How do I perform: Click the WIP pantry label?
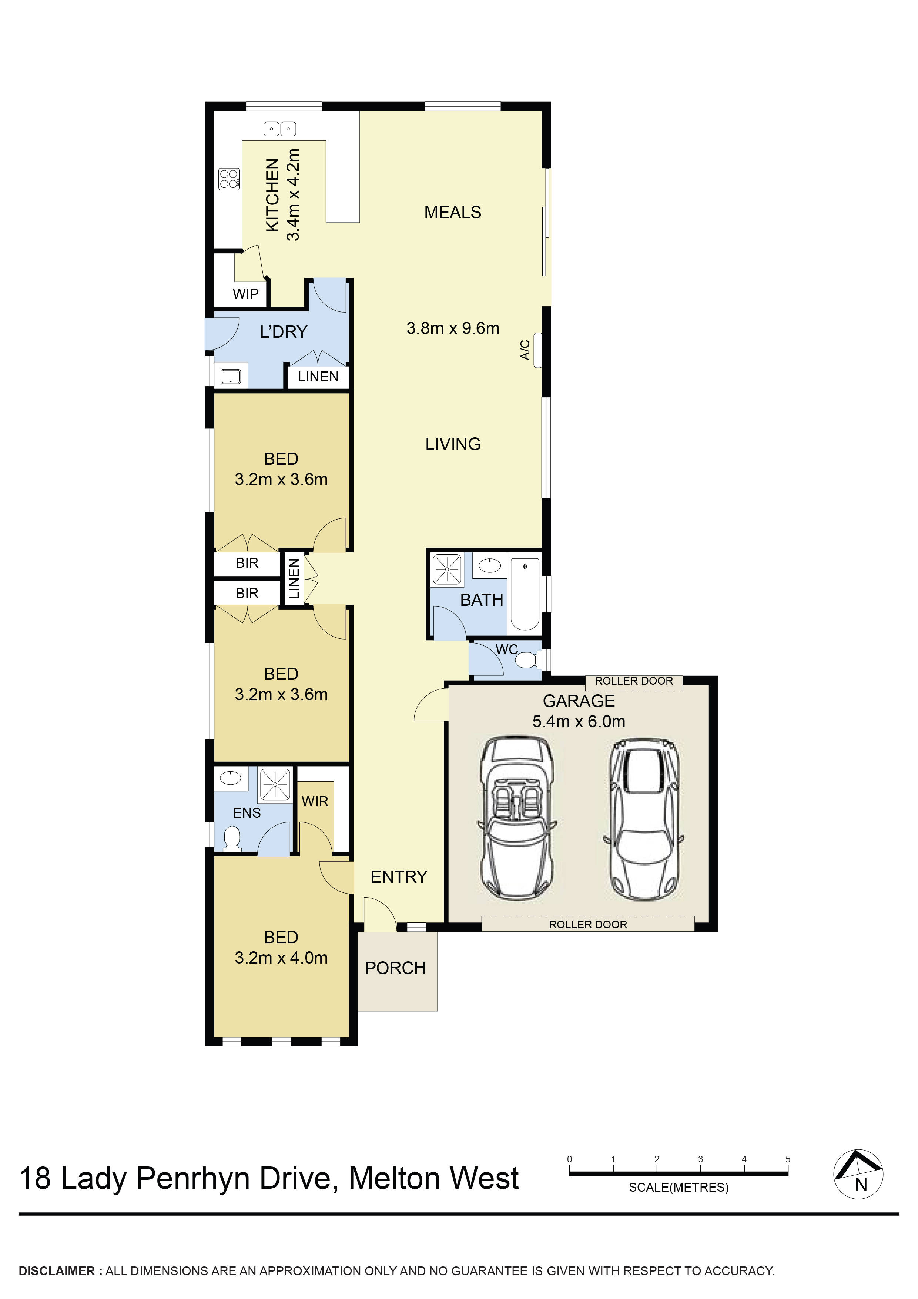tap(245, 294)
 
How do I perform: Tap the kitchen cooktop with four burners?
tap(229, 179)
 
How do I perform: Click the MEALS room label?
tap(452, 212)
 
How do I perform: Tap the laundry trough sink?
tap(231, 376)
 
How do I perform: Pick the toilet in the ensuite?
tap(232, 838)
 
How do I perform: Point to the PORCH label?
tap(395, 968)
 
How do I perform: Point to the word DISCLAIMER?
tap(57, 1271)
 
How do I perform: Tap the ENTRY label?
tap(399, 876)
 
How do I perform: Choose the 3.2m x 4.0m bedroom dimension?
tap(281, 958)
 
